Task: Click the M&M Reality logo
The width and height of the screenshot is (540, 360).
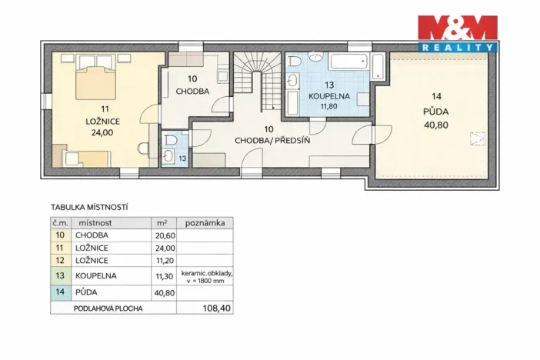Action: point(458,33)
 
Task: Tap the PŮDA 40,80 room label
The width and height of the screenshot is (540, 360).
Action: point(436,111)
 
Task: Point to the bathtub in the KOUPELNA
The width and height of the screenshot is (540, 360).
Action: point(349,62)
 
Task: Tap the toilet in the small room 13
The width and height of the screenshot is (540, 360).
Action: point(171,140)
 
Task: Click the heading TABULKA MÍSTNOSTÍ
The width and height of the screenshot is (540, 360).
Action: point(89,208)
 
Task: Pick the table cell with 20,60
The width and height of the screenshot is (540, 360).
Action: point(165,235)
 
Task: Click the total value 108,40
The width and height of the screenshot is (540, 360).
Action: point(217,308)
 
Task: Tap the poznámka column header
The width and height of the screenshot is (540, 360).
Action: point(205,223)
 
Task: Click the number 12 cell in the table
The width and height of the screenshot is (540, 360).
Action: point(60,260)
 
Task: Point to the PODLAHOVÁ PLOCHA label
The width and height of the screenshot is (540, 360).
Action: point(108,308)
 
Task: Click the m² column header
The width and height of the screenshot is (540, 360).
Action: point(162,223)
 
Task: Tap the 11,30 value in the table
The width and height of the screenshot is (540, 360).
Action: point(165,276)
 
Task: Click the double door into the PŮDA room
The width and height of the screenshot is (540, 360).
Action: point(372,135)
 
